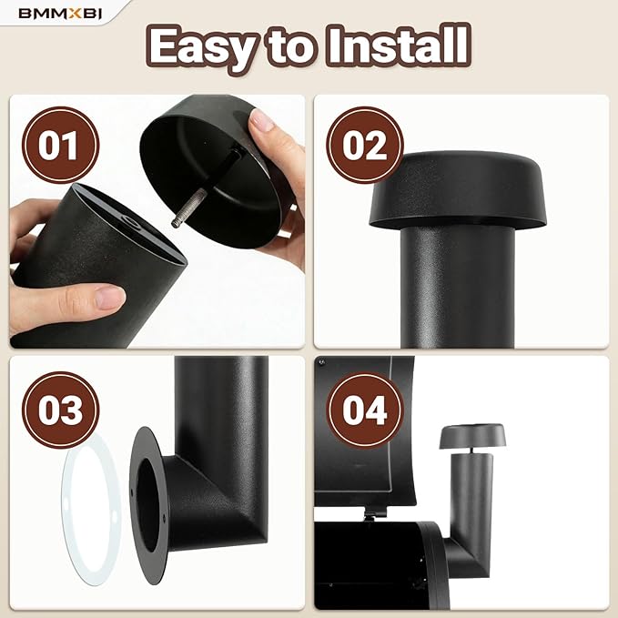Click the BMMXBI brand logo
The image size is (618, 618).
[x=60, y=14]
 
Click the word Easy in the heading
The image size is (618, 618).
[x=204, y=47]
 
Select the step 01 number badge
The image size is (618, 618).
[x=60, y=145]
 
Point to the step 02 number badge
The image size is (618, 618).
[x=365, y=145]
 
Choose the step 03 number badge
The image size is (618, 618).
[x=60, y=410]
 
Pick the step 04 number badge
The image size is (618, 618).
[x=365, y=410]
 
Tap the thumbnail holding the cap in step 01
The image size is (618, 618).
[x=262, y=119]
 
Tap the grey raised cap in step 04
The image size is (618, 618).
[x=472, y=436]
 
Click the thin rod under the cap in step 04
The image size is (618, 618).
[x=471, y=451]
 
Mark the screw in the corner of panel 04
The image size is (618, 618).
[x=322, y=361]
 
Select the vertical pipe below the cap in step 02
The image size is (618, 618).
[x=458, y=288]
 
